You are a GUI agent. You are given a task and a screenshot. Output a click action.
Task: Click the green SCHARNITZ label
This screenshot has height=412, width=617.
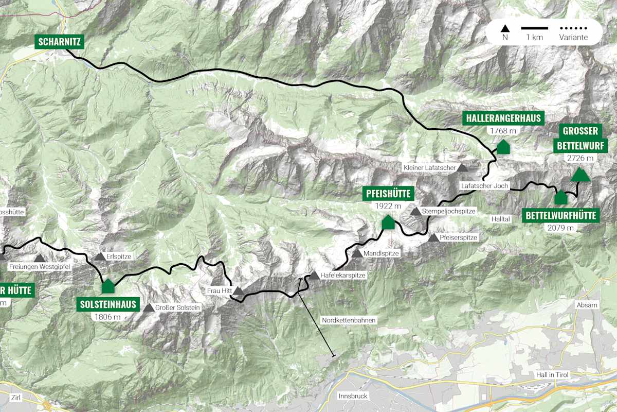click(59, 42)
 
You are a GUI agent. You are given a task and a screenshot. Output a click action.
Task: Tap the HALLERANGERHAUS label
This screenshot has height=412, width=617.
click(503, 118)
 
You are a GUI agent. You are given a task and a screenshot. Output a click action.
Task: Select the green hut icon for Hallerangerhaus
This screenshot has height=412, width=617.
click(503, 147)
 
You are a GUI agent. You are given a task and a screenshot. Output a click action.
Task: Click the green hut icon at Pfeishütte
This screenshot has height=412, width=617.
click(388, 222)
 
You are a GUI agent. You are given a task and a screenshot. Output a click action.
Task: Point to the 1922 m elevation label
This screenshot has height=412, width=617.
click(388, 206)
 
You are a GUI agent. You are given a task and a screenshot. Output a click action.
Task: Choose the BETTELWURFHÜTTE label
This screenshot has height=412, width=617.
click(561, 215)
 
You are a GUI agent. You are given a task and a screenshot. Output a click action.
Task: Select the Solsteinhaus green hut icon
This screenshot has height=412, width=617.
click(108, 286)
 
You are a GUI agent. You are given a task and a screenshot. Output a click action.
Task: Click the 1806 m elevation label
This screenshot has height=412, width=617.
click(108, 317)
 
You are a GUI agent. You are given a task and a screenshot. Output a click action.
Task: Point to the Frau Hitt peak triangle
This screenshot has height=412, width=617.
click(239, 291)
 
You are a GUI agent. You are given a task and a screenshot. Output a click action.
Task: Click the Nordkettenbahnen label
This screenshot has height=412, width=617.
click(349, 320)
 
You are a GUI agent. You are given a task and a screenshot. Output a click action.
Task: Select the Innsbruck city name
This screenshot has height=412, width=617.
click(353, 396)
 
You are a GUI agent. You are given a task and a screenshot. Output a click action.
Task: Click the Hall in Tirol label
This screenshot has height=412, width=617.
click(551, 374)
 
